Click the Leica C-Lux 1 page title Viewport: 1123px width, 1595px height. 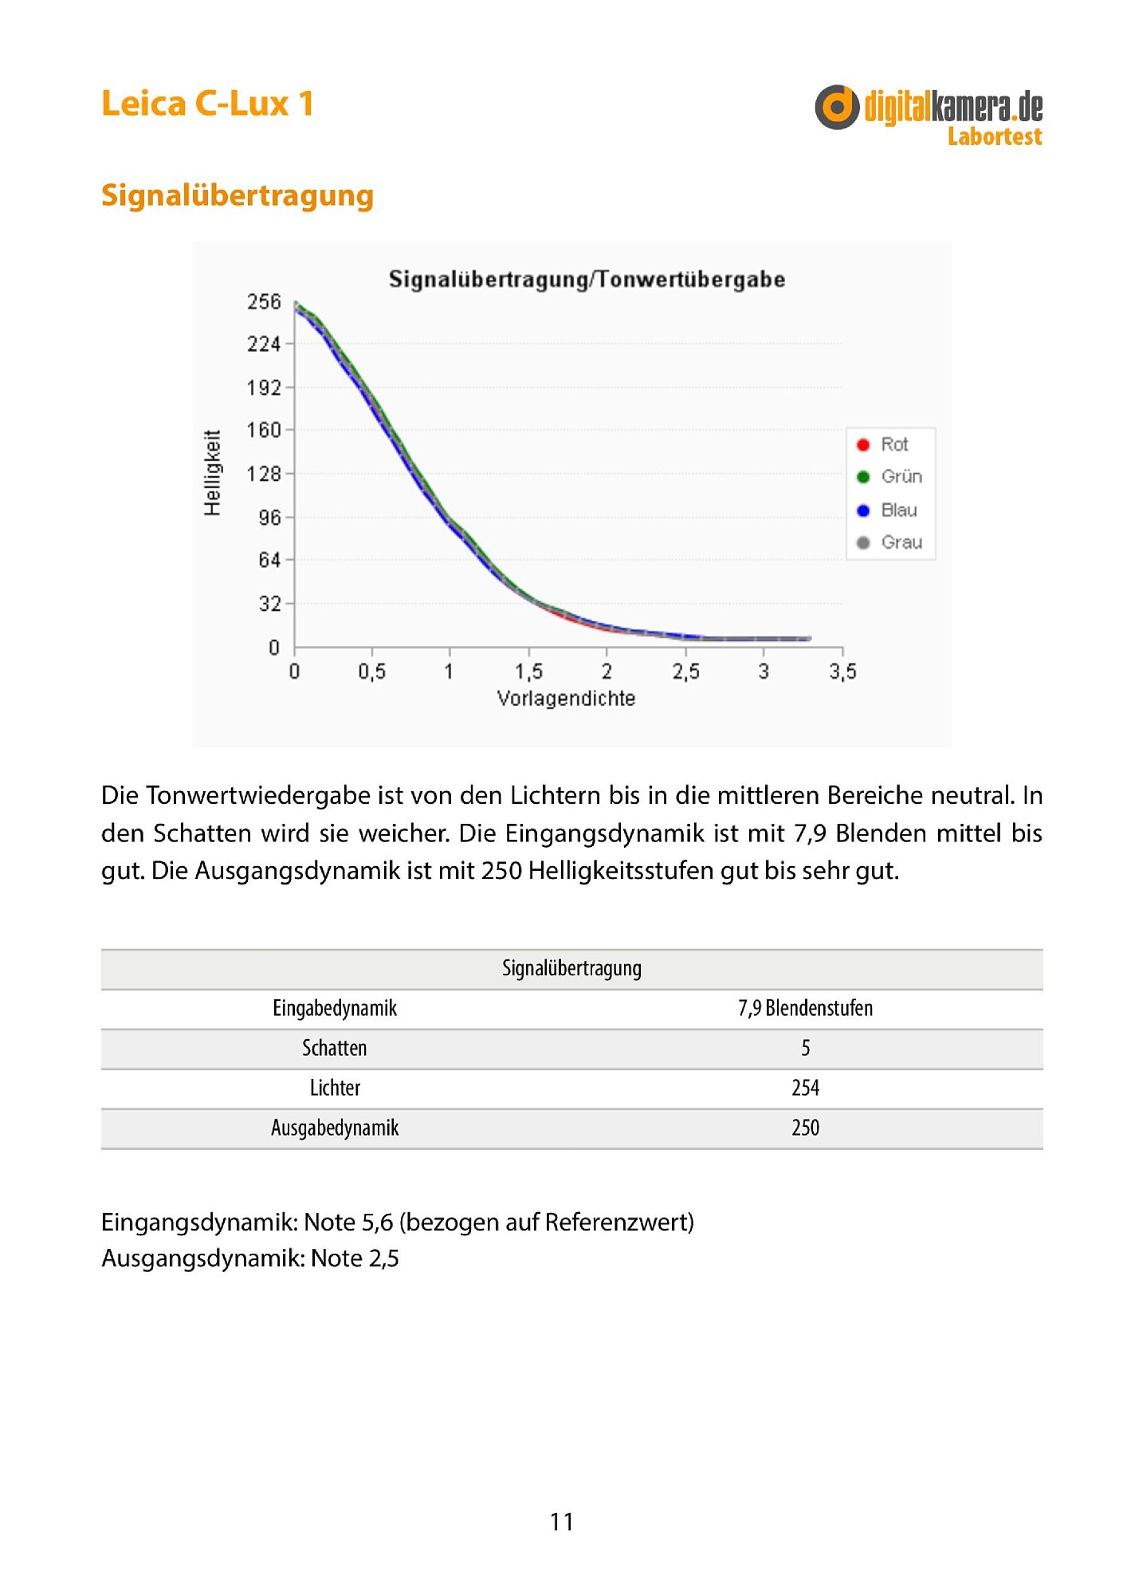[x=207, y=104]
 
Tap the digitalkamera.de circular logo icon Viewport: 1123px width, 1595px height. [x=837, y=107]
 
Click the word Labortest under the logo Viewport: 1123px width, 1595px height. [x=994, y=137]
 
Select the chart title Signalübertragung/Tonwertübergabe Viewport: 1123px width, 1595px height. [x=587, y=279]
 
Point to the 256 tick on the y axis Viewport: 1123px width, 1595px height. [x=264, y=301]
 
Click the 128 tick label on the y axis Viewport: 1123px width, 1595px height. [x=264, y=474]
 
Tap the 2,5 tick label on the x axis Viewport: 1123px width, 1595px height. [x=685, y=671]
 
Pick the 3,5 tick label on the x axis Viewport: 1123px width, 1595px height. [x=842, y=671]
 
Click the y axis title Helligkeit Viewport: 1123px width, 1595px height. [x=212, y=473]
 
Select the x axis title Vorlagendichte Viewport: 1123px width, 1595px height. [x=566, y=699]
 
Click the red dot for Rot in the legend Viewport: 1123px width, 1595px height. [x=862, y=444]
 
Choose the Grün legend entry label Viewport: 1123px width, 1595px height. [x=901, y=477]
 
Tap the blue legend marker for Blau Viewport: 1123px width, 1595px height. [x=862, y=510]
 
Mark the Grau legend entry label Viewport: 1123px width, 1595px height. [x=901, y=542]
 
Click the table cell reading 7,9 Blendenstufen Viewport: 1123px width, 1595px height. [x=805, y=1009]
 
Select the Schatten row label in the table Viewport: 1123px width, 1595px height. [x=335, y=1049]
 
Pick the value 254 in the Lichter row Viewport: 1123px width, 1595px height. [x=805, y=1089]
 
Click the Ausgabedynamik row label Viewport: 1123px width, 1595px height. [x=335, y=1128]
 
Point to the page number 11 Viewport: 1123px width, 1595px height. [x=562, y=1522]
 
